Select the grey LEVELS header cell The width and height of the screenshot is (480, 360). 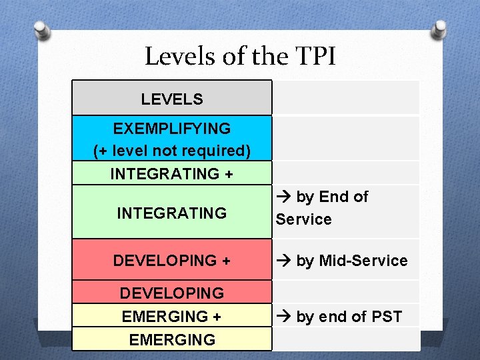point(172,99)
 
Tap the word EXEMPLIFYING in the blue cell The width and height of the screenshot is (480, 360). point(172,129)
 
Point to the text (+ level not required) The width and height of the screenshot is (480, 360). point(172,151)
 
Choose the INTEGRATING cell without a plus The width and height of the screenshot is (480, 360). point(172,213)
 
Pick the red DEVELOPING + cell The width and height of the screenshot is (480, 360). point(172,260)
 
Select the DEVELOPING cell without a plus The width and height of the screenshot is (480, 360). point(172,293)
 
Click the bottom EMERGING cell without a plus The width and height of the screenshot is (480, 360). point(172,339)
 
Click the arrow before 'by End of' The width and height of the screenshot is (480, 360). point(284,197)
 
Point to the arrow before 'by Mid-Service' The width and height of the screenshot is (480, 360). point(284,261)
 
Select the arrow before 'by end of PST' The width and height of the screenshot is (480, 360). point(284,317)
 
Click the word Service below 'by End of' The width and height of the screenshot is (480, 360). point(303,219)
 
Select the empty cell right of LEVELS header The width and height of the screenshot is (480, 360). point(346,98)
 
